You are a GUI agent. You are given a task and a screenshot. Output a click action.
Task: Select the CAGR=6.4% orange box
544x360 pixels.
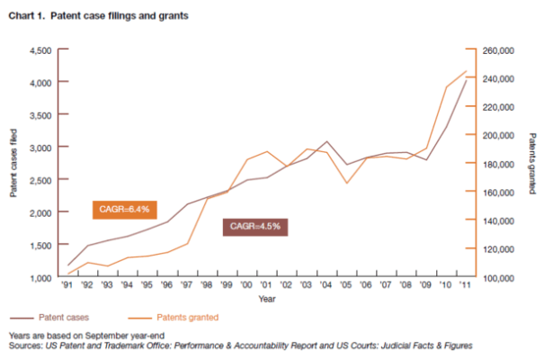125,209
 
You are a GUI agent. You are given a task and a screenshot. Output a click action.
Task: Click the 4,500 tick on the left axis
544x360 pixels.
40,49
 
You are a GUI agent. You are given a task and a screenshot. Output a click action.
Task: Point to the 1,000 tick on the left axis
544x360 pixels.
40,277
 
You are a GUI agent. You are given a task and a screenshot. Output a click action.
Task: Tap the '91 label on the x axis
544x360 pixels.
68,287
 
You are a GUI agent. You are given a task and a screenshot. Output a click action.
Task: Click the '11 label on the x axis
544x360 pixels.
465,287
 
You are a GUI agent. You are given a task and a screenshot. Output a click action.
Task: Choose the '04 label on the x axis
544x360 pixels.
326,287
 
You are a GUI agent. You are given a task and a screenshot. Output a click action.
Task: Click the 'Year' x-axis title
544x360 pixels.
266,300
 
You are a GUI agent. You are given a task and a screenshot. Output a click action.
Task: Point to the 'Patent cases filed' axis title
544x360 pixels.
13,163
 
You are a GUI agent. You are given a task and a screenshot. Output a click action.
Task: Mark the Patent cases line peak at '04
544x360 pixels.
326,142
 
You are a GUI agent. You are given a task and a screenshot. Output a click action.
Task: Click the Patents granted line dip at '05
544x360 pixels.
346,184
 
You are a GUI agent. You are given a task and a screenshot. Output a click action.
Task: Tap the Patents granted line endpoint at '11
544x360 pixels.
465,70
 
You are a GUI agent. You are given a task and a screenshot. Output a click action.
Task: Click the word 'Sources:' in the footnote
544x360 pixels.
24,346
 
